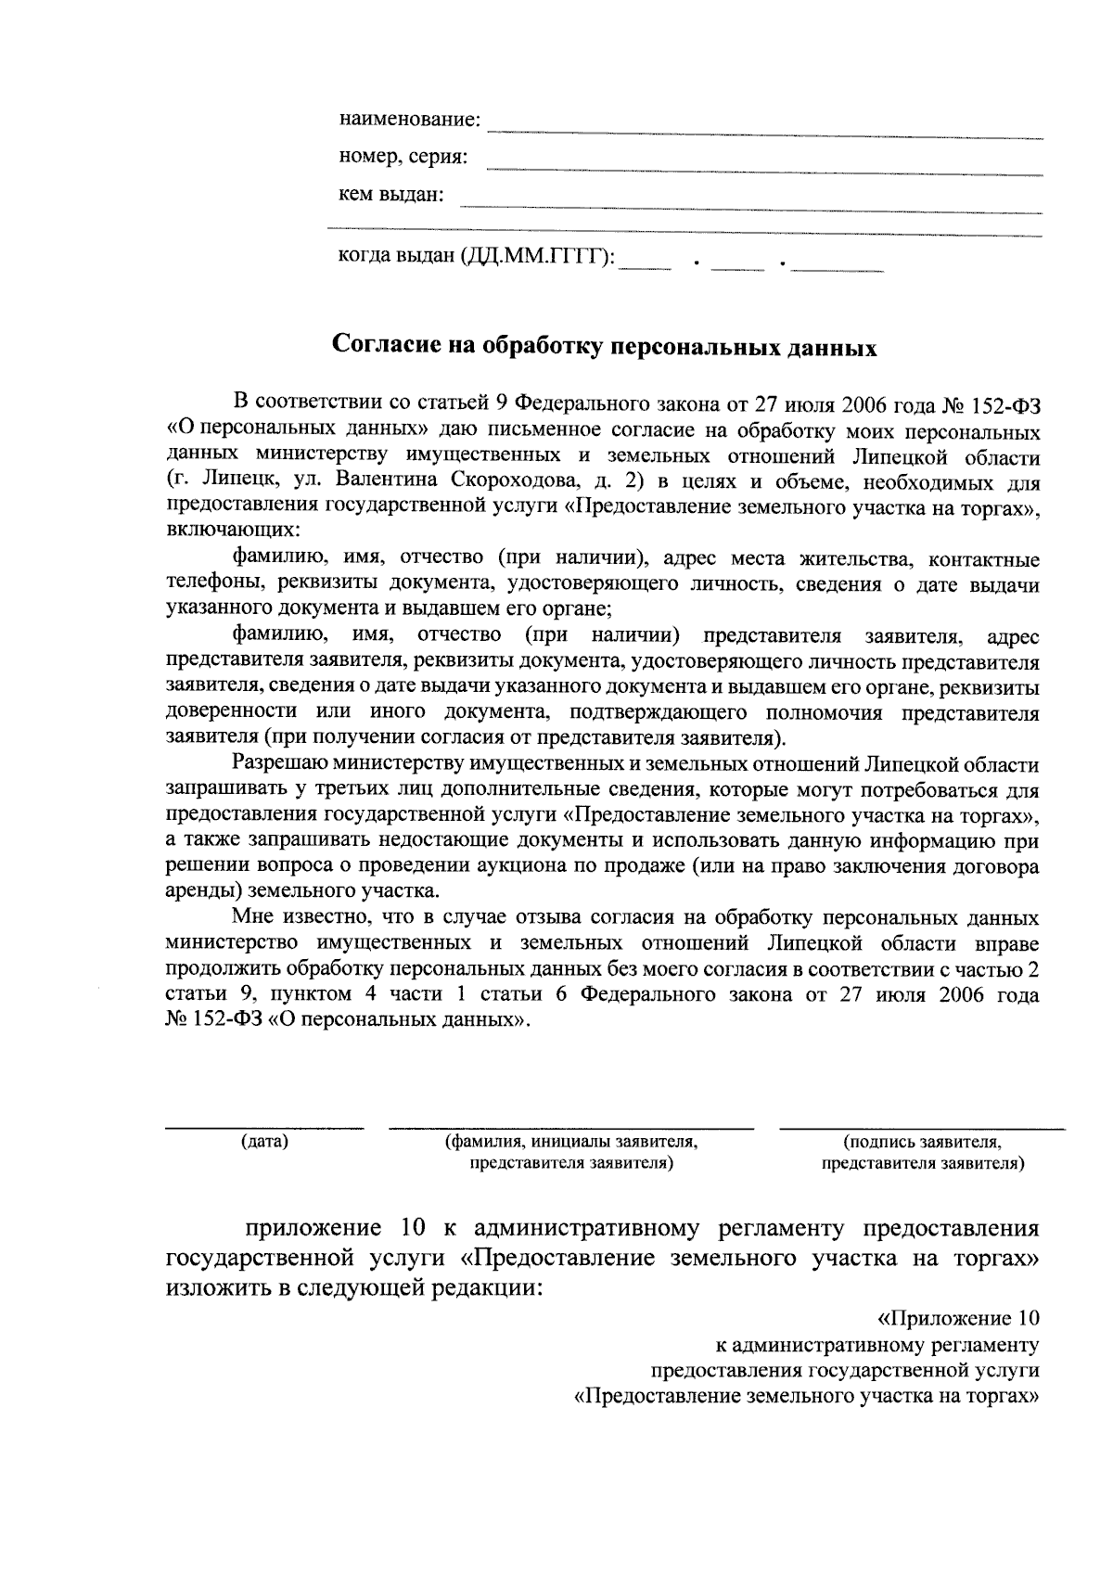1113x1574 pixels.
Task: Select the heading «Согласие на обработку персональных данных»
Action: coord(605,346)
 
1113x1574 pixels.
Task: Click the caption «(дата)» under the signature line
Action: coord(264,1142)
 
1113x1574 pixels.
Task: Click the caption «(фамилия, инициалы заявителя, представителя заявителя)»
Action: coord(571,1152)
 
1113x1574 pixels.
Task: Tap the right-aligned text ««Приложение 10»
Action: coord(958,1318)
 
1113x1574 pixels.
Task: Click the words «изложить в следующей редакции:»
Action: coord(352,1287)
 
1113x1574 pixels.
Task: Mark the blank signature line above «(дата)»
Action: coord(264,1127)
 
